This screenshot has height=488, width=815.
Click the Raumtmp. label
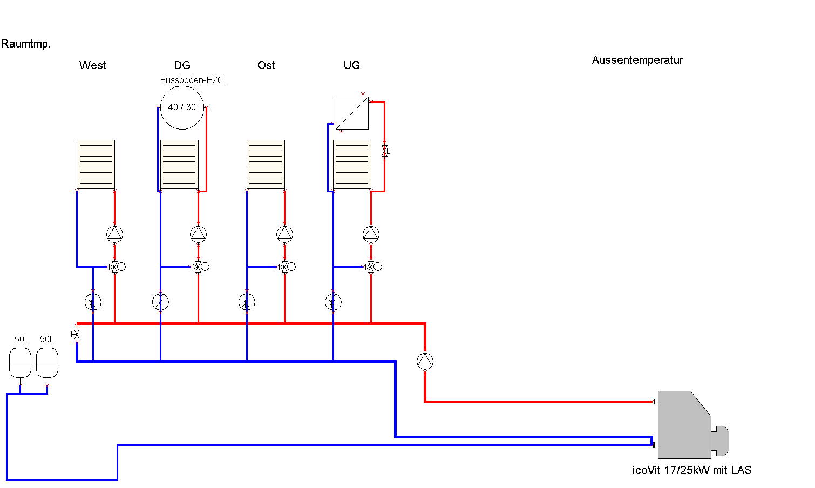point(26,44)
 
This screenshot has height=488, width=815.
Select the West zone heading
point(93,65)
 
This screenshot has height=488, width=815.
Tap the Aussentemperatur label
point(637,60)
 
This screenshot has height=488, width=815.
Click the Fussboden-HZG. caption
point(193,80)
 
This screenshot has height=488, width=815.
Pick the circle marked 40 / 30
point(182,107)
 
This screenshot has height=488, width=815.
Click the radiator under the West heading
point(96,165)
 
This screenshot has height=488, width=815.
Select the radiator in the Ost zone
point(266,165)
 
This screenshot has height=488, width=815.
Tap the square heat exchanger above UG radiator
point(352,113)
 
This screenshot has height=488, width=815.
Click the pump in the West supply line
point(114,234)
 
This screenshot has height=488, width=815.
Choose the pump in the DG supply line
point(198,234)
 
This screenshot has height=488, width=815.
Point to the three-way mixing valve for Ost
point(284,267)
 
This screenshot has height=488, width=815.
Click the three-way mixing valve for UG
point(371,267)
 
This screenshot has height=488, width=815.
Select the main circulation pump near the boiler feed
point(425,361)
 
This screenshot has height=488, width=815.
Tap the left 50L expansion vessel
point(21,363)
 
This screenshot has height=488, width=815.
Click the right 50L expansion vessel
point(47,363)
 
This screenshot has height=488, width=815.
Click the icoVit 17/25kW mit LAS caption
point(692,470)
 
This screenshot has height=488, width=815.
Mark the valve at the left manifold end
point(76,335)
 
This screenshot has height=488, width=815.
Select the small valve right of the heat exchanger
point(385,151)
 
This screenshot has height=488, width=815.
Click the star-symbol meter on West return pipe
point(93,302)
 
